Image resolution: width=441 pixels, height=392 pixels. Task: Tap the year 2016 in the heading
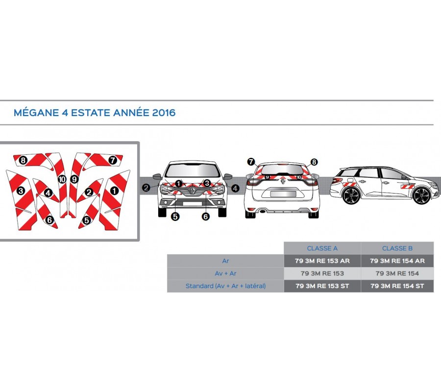tap(164, 113)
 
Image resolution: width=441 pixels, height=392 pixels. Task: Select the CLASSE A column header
tap(322, 248)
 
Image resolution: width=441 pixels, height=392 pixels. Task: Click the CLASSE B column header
tap(397, 248)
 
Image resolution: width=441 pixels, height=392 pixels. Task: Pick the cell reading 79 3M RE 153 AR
tap(322, 261)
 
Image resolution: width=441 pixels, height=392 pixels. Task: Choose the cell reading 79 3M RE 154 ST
tap(397, 286)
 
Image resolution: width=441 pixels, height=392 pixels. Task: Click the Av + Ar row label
tap(225, 273)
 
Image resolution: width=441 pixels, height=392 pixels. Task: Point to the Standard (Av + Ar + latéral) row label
tap(225, 286)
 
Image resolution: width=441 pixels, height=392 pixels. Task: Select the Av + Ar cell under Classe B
tap(397, 273)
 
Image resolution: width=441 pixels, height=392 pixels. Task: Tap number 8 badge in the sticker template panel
tap(23, 161)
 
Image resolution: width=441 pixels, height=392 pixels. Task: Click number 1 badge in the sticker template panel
tap(114, 191)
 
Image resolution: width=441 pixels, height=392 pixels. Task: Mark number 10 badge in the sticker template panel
tap(62, 179)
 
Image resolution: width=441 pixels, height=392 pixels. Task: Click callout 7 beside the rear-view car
tap(251, 162)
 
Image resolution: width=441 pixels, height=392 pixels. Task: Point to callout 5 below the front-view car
tap(175, 217)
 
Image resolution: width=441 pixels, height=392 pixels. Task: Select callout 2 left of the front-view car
tap(146, 188)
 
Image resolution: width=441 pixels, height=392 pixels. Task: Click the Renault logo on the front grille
tap(193, 190)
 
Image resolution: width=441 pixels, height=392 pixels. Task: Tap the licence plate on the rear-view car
tap(283, 194)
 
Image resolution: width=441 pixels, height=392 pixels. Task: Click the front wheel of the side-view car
tap(422, 196)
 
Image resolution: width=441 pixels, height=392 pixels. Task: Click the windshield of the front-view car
tap(193, 171)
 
